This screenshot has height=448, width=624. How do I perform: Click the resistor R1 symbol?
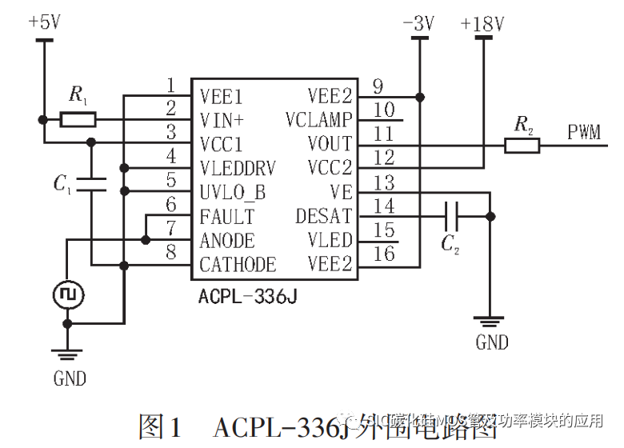[x=78, y=120]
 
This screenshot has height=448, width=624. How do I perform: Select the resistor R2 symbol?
[x=522, y=145]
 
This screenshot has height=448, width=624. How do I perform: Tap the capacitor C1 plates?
[x=92, y=184]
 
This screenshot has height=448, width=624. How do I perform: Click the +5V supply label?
[x=44, y=22]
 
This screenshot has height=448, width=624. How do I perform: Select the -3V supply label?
[x=418, y=24]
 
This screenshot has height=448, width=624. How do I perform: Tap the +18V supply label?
[x=482, y=24]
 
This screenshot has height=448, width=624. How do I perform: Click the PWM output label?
[x=584, y=133]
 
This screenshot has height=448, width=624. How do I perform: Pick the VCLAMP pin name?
[x=318, y=121]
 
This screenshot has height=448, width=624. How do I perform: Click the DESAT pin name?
[x=324, y=216]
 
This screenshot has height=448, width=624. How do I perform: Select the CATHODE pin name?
[x=238, y=265]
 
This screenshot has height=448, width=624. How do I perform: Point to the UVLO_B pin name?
[x=233, y=193]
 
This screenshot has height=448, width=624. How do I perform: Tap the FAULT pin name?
[x=227, y=217]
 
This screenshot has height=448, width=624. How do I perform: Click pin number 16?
[x=384, y=254]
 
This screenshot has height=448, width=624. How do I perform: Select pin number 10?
[x=384, y=110]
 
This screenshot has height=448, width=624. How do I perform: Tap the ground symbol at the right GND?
[x=490, y=322]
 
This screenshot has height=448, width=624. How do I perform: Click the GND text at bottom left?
[x=70, y=378]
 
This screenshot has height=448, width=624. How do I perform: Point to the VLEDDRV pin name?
[x=238, y=169]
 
